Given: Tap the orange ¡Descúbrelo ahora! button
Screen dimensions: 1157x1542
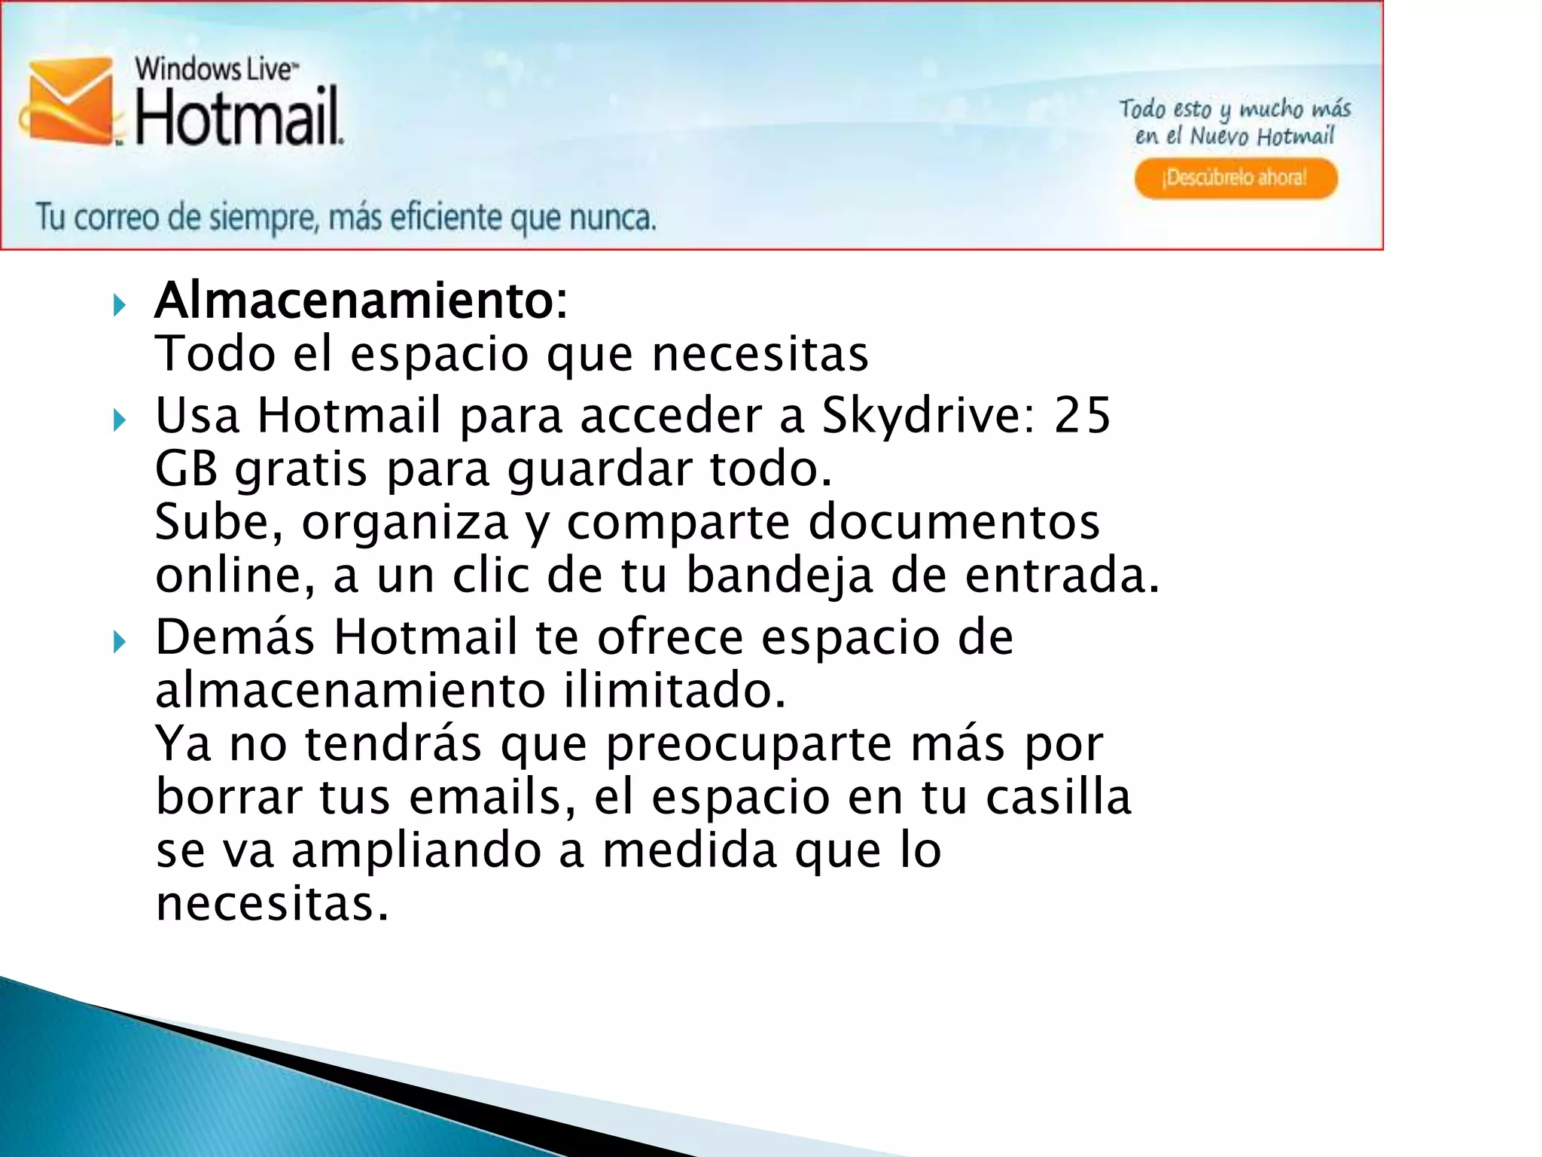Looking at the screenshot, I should (1236, 179).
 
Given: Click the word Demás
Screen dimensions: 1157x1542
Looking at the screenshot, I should (234, 637).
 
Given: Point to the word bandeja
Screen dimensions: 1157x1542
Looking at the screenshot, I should (779, 575).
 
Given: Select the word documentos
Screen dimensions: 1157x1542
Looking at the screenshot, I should (953, 521).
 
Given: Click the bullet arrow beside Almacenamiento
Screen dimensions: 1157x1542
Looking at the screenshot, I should (119, 306).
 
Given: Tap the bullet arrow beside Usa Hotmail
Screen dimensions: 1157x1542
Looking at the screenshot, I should (119, 420).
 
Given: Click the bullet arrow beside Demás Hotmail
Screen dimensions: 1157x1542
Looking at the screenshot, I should (119, 643).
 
